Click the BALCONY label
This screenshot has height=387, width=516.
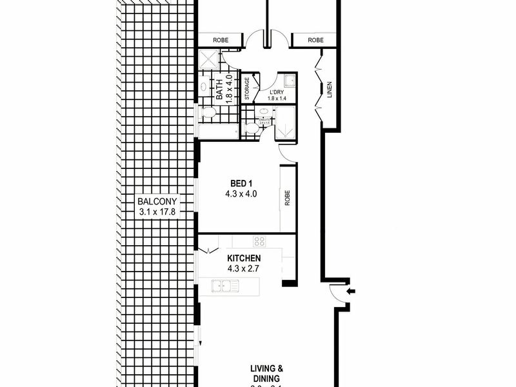tap(157, 201)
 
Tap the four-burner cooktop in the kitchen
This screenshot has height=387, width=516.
tap(259, 242)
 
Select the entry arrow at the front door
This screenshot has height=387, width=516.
tap(350, 292)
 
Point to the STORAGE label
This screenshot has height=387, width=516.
tap(246, 88)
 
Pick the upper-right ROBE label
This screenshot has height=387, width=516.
tap(315, 41)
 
